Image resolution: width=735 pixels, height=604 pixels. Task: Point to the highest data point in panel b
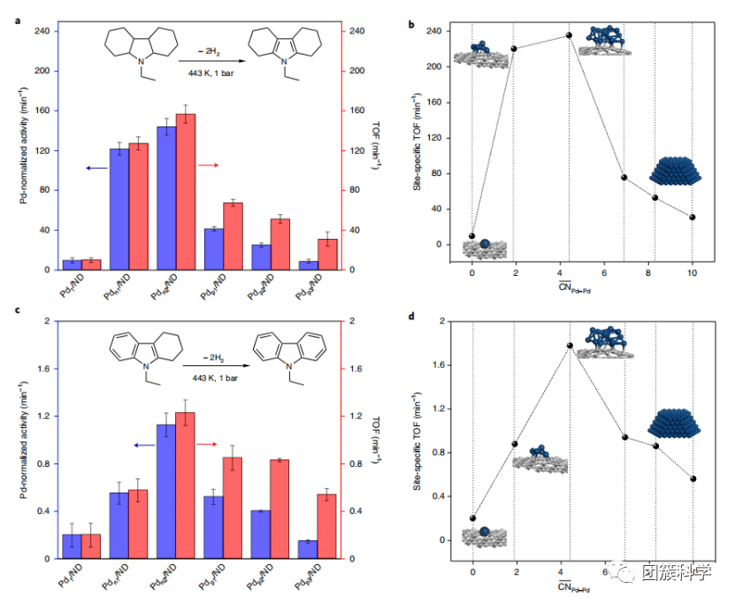coord(569,35)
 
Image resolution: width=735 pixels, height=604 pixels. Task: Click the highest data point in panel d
coord(570,345)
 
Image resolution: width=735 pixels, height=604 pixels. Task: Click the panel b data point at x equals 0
coord(472,236)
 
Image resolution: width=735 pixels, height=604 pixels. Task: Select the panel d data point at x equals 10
coord(693,478)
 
